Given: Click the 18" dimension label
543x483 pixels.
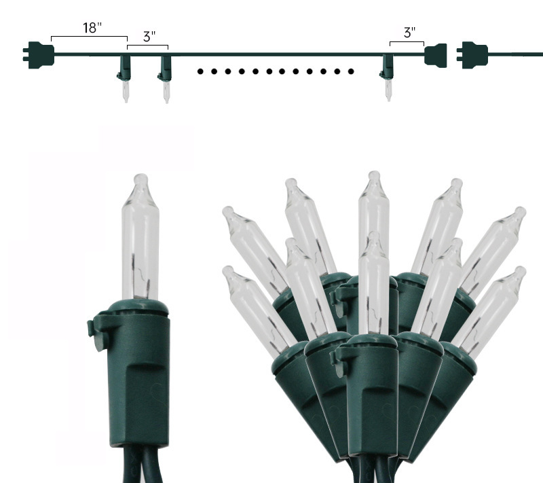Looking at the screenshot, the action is tap(92, 28).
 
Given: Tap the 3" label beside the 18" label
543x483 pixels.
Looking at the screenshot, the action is tap(149, 37).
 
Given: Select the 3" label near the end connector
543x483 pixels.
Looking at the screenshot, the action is tap(409, 33).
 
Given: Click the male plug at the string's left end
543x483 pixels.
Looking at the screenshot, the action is tap(39, 55).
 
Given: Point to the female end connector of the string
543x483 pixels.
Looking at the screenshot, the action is tap(436, 56).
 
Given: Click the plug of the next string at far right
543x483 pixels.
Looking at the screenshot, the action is tap(472, 55).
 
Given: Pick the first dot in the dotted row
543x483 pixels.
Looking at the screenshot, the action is tap(200, 71).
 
